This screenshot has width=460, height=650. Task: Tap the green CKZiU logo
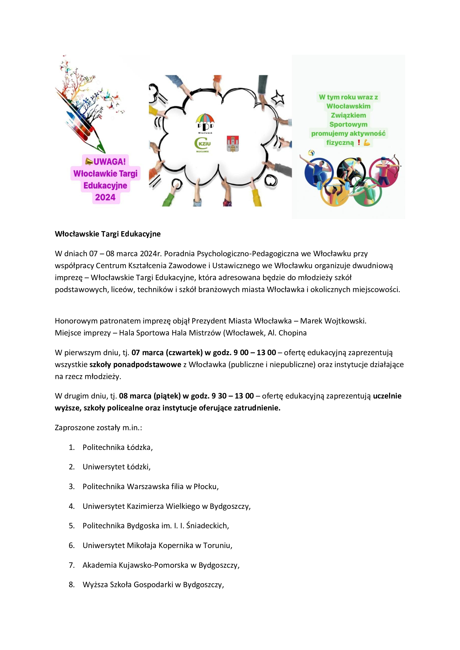click(x=202, y=144)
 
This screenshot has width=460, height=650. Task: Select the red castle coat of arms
click(x=233, y=144)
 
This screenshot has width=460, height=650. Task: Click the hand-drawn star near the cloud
click(x=278, y=98)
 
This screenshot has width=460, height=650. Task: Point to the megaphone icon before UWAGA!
click(x=89, y=161)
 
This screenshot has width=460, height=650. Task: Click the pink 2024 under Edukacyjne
click(x=105, y=197)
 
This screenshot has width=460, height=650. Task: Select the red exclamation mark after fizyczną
click(x=358, y=142)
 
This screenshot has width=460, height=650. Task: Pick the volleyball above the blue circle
click(x=311, y=153)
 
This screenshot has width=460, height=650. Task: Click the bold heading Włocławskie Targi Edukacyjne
click(x=108, y=234)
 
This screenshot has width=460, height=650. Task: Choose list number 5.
click(x=72, y=526)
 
